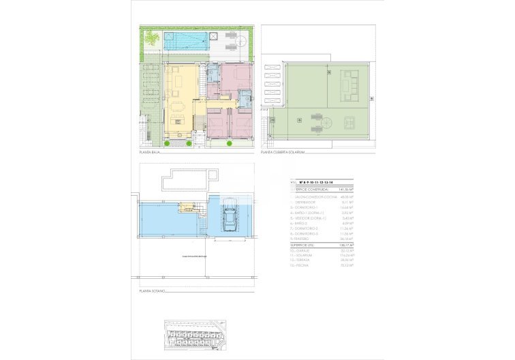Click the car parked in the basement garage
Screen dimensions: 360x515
[230, 217]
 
